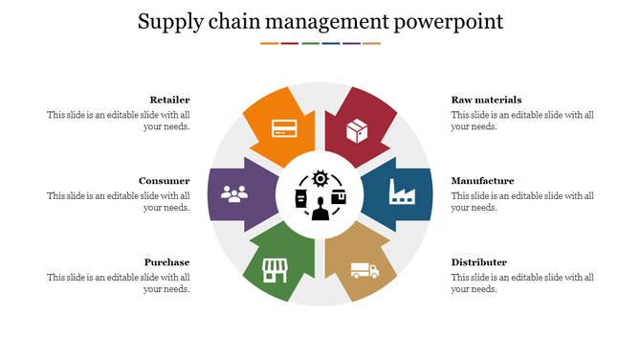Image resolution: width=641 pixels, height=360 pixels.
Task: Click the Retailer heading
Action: coord(169,100)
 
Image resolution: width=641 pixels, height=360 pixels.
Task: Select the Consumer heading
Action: coord(164,181)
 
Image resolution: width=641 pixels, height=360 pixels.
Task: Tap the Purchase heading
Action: coord(166,262)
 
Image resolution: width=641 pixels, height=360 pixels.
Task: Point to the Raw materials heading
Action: coord(486,100)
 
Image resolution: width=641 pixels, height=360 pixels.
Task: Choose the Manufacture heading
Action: coord(482,181)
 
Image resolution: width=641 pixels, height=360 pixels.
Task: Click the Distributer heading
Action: coord(478,262)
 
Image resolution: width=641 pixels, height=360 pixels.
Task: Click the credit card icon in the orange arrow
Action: coord(283,127)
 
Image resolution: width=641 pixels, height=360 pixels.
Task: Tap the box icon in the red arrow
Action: coord(357,129)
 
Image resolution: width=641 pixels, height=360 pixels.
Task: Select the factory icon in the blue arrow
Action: coord(401,192)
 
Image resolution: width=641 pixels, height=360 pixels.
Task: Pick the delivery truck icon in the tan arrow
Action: coord(364,270)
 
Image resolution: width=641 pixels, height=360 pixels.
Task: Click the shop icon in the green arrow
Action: coord(276,270)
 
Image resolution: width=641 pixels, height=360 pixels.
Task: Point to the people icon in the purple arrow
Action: coord(234,192)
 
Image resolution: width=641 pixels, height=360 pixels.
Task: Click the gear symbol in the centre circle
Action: coord(320,178)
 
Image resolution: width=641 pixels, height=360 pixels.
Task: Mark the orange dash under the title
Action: coord(269,43)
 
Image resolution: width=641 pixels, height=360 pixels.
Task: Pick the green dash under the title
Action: coord(310,43)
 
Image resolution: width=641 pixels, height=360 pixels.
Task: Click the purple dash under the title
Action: coord(351,43)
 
